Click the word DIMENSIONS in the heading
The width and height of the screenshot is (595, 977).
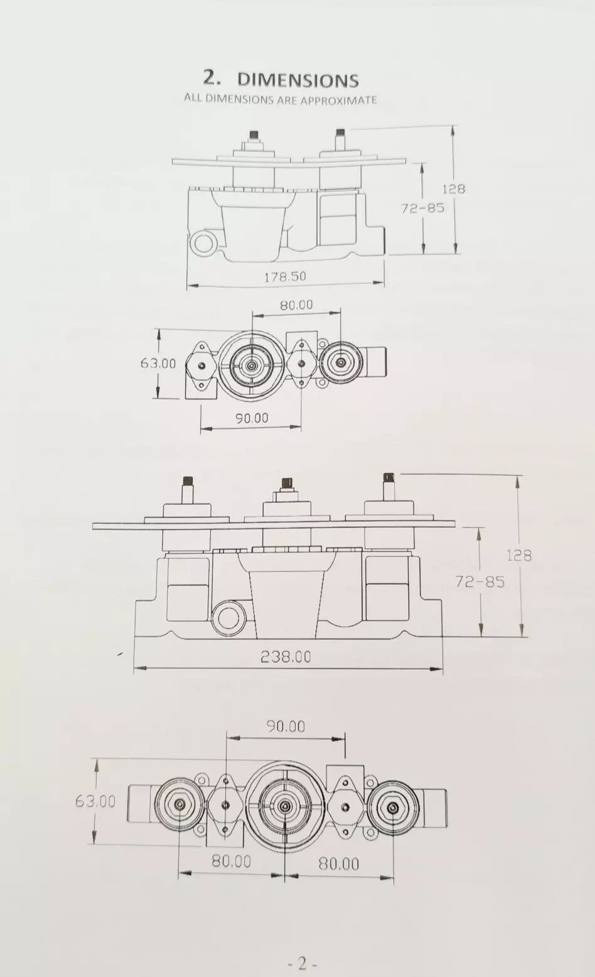coord(298,80)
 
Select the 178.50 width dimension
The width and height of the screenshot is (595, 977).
coord(285,276)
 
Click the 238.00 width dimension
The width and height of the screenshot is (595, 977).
coord(286,656)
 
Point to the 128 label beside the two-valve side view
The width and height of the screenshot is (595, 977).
coord(454,189)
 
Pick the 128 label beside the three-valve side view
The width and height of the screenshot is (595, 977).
coord(518,555)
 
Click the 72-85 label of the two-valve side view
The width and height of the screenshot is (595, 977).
coord(422,208)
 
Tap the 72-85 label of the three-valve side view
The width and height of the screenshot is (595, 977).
coord(480,581)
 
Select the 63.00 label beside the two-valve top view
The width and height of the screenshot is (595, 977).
coord(158,364)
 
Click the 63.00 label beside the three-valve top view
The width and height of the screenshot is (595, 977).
coord(95,801)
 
